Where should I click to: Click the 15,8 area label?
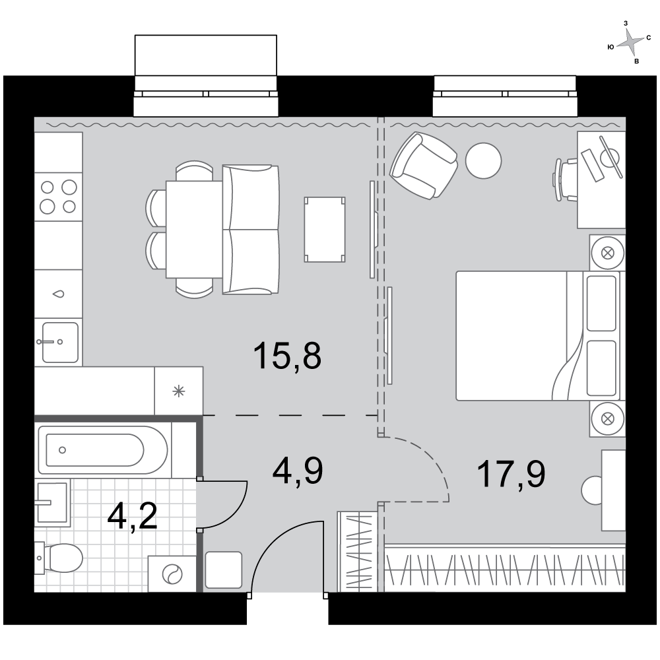tap(288, 356)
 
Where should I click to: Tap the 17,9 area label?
tap(511, 474)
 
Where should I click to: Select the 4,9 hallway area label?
tap(298, 471)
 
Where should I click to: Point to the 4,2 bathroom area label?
tap(132, 516)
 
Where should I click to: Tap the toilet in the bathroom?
tap(58, 558)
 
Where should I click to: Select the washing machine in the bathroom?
tap(172, 574)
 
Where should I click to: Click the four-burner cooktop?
tap(58, 197)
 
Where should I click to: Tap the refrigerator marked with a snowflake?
tap(179, 391)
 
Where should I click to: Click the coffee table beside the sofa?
tap(325, 230)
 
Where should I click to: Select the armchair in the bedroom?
tap(424, 166)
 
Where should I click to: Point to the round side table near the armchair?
tap(484, 160)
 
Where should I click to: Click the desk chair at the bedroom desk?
tap(565, 180)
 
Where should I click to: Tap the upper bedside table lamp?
tap(607, 253)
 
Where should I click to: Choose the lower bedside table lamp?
tap(607, 419)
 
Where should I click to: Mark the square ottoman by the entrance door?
tap(224, 570)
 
